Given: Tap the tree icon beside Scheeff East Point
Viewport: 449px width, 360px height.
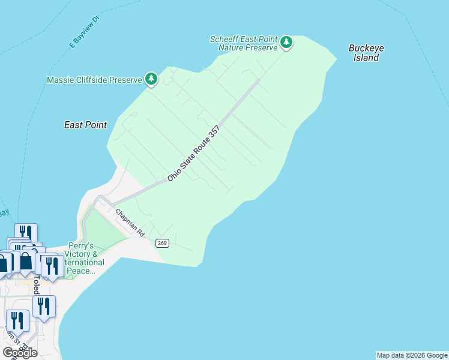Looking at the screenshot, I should pyautogui.click(x=287, y=42).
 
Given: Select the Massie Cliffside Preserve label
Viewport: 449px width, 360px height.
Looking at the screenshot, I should pyautogui.click(x=94, y=79).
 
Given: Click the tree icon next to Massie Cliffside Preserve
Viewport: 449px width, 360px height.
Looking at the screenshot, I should pyautogui.click(x=151, y=79).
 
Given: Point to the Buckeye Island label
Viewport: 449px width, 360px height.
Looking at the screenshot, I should pyautogui.click(x=366, y=53).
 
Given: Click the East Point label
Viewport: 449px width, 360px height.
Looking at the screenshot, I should pyautogui.click(x=85, y=125).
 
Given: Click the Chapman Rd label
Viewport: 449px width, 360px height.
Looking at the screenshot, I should pyautogui.click(x=130, y=222).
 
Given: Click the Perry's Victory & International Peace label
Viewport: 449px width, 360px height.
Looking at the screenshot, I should pyautogui.click(x=82, y=259).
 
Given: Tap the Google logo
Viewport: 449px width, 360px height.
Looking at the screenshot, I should pyautogui.click(x=20, y=352).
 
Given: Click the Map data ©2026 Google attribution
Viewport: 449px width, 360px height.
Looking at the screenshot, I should pyautogui.click(x=412, y=355).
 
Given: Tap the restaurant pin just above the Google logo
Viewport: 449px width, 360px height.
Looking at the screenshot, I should pyautogui.click(x=17, y=321).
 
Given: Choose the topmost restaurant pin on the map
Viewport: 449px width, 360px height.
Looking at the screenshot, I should pyautogui.click(x=26, y=233).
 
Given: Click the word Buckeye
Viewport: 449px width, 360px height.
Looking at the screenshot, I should pyautogui.click(x=366, y=48).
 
